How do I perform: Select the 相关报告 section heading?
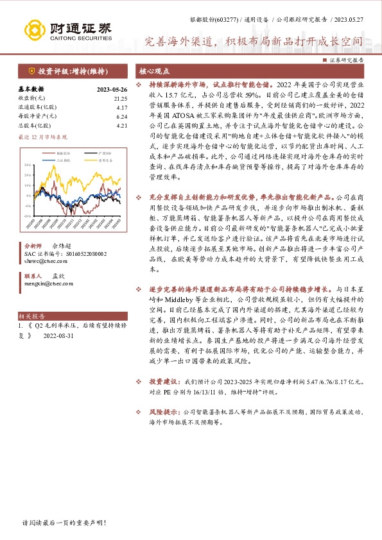coord(31,317)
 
